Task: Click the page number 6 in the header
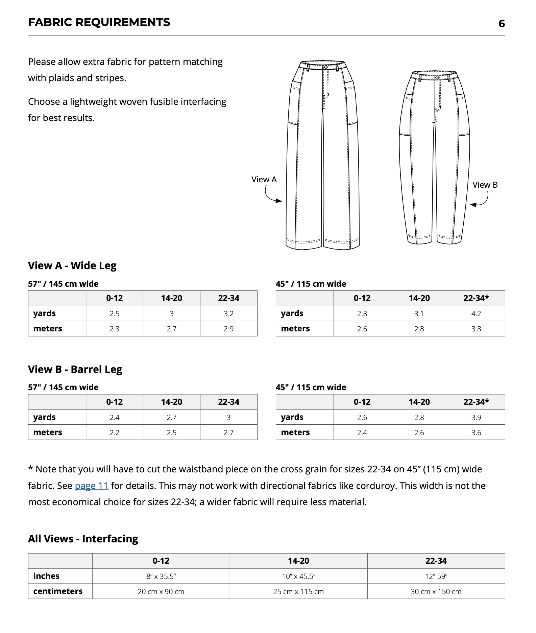pos(501,23)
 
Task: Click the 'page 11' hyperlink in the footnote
pos(91,486)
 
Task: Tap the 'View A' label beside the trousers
pos(264,180)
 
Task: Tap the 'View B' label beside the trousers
pos(485,185)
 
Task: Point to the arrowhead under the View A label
pos(279,201)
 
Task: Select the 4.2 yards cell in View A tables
pos(476,313)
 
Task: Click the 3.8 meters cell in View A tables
pos(476,329)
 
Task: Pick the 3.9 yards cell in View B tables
pos(476,417)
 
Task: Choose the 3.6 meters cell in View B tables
pos(476,432)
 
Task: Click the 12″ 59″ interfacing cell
pos(436,576)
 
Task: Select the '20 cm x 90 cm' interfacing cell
pos(161,591)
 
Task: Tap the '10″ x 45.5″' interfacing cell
pos(298,576)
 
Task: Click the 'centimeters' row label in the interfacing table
pos(58,591)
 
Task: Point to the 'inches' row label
pos(46,576)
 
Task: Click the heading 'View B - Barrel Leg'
pos(75,369)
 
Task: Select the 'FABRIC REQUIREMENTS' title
pos(99,22)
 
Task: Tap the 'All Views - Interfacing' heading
pos(83,538)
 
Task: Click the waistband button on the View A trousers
pos(326,67)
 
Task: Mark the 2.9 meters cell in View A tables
pos(228,329)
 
